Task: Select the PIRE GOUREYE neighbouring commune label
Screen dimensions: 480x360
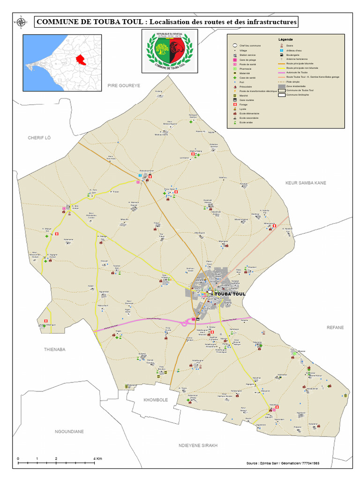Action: (124, 85)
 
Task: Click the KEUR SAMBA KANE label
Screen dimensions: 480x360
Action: (306, 182)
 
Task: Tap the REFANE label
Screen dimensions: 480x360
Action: (335, 327)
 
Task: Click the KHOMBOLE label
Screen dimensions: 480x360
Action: (155, 400)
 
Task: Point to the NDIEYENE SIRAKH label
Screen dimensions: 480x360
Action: (198, 445)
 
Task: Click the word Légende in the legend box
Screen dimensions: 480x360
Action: (285, 39)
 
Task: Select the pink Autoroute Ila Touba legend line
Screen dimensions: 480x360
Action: (281, 73)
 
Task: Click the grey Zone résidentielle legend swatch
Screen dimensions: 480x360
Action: (281, 86)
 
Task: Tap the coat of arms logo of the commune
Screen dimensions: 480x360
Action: (169, 51)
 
